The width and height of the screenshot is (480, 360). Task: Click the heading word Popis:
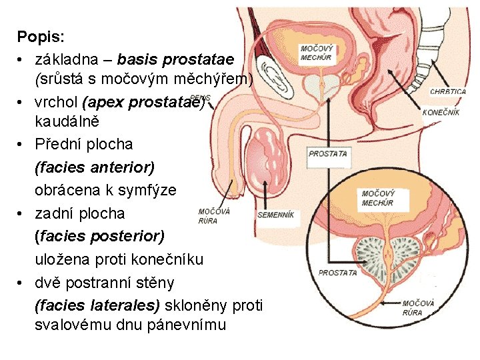point(40,36)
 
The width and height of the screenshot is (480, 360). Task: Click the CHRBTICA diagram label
point(447,91)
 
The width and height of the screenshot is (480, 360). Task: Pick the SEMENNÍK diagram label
point(276,215)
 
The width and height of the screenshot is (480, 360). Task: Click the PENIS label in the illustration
point(201,97)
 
